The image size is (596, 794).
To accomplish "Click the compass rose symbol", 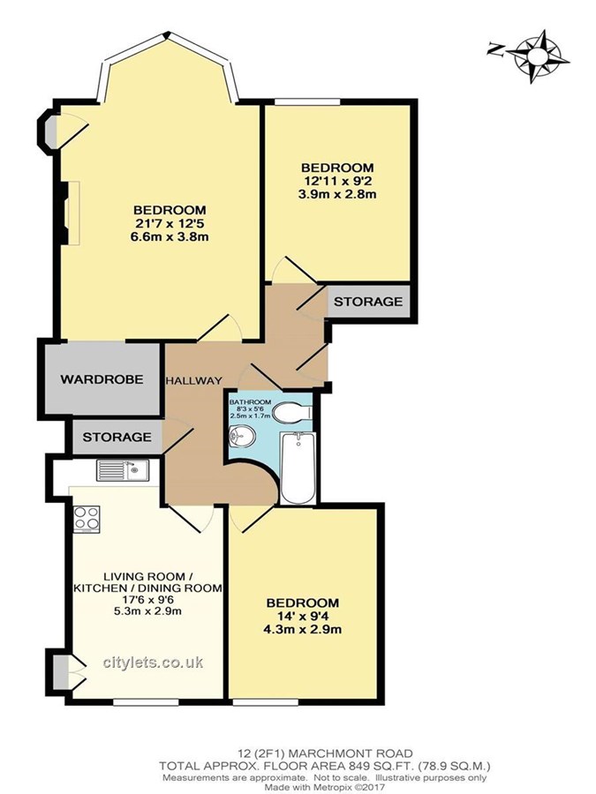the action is point(540,56).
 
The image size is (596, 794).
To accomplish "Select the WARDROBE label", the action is point(102,379).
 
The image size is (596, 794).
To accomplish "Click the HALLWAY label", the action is point(194,381).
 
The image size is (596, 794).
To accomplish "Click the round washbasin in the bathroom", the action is point(242,436).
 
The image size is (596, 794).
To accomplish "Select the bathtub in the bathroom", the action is point(298,468).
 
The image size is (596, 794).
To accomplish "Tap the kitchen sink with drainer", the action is point(121,470).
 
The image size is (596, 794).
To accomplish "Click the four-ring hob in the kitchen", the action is point(87,519).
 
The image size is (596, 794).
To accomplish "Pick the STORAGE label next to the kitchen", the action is point(117,437).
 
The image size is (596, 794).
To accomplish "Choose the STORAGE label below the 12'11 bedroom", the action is point(368,302).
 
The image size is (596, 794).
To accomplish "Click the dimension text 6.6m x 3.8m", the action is point(170,237).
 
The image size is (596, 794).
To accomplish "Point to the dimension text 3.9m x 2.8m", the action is point(337,194).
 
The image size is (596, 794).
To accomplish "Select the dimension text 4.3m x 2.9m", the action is point(303,630).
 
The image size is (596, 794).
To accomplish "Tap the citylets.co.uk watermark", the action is point(153,663).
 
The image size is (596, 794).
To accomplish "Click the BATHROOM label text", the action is point(250,402).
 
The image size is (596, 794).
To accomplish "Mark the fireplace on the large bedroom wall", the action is point(70,213).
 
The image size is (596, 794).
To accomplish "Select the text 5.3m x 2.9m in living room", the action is point(148,611).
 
